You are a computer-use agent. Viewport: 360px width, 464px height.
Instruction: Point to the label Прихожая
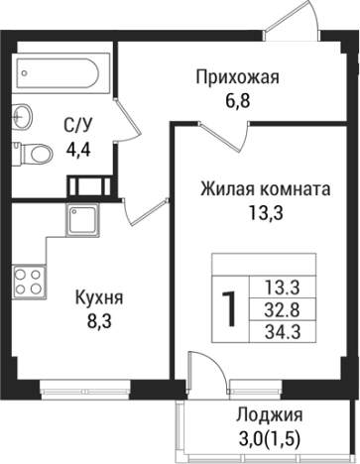(238, 78)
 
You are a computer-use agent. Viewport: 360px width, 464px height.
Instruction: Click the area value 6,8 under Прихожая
(238, 100)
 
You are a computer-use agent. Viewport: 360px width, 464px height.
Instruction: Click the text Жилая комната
(263, 188)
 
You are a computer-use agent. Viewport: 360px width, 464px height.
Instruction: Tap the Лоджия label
(270, 416)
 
